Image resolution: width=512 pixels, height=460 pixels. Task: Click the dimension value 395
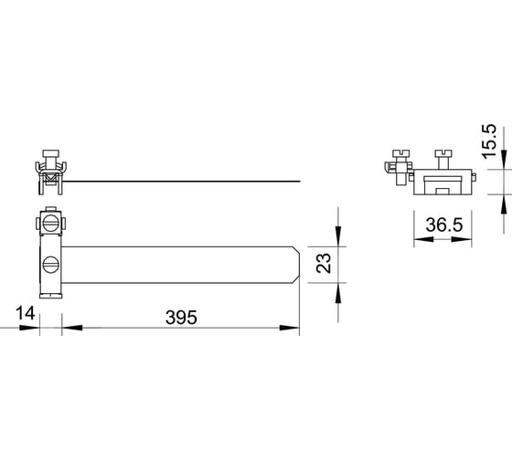tap(181, 318)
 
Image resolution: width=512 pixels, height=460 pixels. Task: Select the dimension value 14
tap(26, 313)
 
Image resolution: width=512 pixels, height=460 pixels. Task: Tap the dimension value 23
tap(324, 264)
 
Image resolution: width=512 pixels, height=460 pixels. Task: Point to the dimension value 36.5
tap(444, 225)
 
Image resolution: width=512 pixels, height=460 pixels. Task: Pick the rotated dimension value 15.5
tap(490, 141)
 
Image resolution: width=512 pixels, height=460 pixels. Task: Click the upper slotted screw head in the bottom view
tap(51, 224)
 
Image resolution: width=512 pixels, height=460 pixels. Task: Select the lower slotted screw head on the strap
tap(51, 265)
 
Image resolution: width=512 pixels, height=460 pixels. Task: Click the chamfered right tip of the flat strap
tap(297, 265)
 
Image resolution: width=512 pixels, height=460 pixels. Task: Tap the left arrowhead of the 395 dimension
tap(72, 328)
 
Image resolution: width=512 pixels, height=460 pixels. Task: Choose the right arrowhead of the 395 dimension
tap(290, 328)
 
